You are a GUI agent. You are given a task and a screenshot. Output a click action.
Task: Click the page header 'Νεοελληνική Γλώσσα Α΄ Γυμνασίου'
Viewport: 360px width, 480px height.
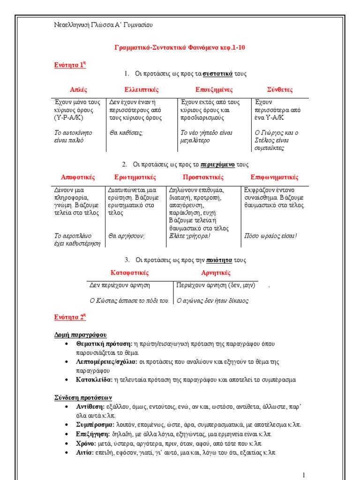pos(104,25)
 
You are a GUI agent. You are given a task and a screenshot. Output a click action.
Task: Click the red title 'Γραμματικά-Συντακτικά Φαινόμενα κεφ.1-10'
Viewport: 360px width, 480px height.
pos(180,48)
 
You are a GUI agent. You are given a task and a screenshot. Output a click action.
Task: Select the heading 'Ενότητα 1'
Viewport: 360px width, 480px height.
pos(70,65)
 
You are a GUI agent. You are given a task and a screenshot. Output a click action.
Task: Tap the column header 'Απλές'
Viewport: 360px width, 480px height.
pos(78,90)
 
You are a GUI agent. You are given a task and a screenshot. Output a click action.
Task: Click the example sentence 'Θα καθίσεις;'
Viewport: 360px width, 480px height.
pos(126,133)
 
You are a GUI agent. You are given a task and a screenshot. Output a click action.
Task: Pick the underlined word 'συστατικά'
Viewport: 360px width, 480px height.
pos(219,74)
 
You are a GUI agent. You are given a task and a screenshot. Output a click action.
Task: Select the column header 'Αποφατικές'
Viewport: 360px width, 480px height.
pos(78,177)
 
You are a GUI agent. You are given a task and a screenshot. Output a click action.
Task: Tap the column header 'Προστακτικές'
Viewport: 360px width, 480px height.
pos(203,177)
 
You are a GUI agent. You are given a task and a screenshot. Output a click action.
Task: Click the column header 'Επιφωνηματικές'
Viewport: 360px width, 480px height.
pos(274,177)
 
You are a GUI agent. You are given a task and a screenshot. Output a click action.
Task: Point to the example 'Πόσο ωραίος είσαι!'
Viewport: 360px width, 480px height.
pos(270,236)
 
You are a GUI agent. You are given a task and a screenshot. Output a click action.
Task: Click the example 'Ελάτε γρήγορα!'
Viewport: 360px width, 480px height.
pos(189,236)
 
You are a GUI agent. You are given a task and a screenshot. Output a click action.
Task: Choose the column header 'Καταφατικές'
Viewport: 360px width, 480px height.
pos(129,273)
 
